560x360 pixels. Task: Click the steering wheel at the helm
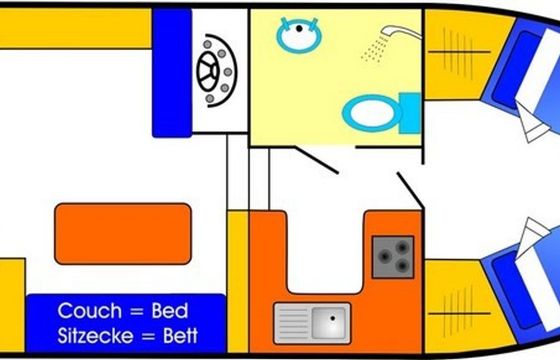[x=208, y=71]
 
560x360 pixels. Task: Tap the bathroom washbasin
[x=299, y=35]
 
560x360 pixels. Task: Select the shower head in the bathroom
[x=399, y=31]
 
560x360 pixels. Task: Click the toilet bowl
[x=372, y=113]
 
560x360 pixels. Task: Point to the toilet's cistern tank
[x=410, y=113]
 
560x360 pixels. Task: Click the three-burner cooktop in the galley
[x=393, y=257]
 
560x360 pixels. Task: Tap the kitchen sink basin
[x=329, y=322]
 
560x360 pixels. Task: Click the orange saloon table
[x=123, y=234]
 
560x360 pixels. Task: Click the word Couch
[x=90, y=311]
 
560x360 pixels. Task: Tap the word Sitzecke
[x=95, y=336]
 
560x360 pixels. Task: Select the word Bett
[x=180, y=336]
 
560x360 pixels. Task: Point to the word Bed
[x=170, y=311]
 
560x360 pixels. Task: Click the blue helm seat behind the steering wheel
[x=172, y=73]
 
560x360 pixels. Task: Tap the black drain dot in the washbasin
[x=299, y=28]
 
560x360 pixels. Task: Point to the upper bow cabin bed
[x=525, y=71]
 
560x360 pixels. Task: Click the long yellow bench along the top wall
[x=75, y=29]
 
